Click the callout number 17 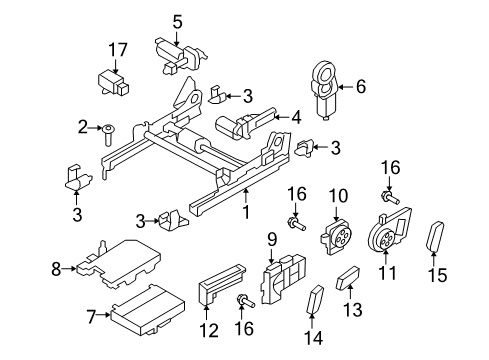coord(118,50)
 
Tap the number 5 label coord(177,22)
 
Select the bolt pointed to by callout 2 coord(108,135)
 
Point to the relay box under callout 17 coord(113,84)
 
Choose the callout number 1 coord(246,212)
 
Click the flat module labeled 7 coord(148,310)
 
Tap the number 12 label coord(209,331)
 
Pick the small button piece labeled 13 coord(348,277)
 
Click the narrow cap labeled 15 coord(435,238)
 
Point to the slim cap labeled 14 coord(315,299)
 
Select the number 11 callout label coord(387,273)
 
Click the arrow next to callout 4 coord(284,117)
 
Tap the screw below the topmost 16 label coord(390,198)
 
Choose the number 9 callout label coord(272,240)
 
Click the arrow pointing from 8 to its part coord(69,268)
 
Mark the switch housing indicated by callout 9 coord(284,279)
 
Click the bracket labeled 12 coord(221,283)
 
